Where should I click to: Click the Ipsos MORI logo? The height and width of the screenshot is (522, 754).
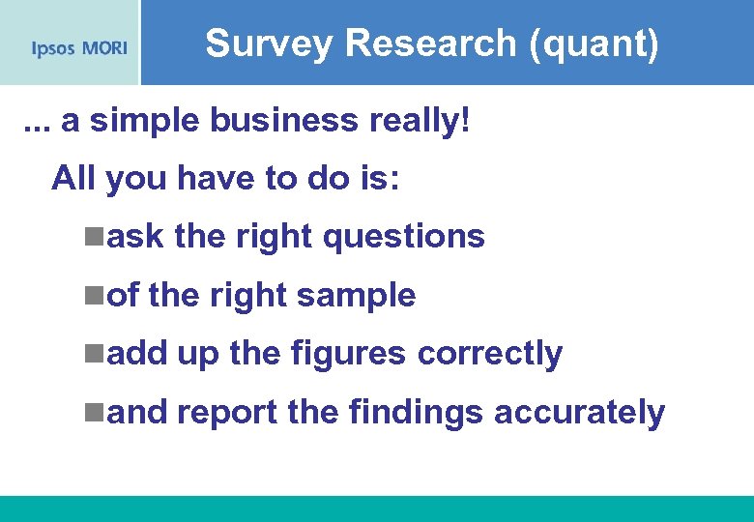79,47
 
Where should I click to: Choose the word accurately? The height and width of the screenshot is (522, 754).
579,414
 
